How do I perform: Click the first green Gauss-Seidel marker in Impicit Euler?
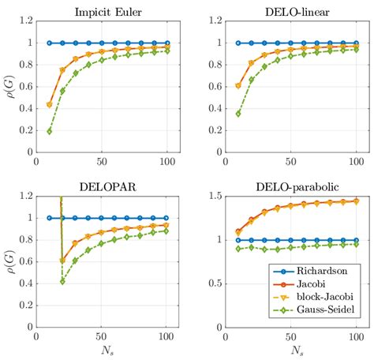[49, 131]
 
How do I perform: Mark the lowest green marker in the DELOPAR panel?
[62, 281]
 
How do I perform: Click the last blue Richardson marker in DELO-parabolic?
[355, 240]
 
